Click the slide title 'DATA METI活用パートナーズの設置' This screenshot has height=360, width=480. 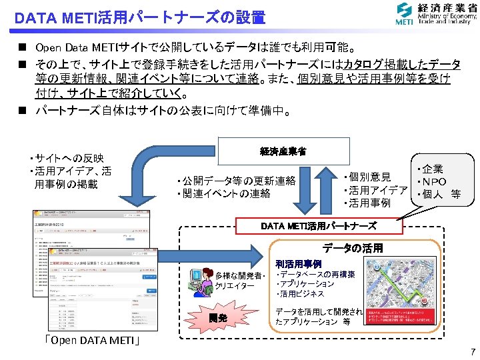139,17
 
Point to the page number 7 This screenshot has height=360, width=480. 471,351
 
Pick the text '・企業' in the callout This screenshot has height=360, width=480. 430,169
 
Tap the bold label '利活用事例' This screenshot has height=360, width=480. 298,264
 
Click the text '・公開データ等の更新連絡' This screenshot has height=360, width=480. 236,181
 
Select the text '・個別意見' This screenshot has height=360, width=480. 367,177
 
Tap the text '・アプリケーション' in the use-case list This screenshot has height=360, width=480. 305,284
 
